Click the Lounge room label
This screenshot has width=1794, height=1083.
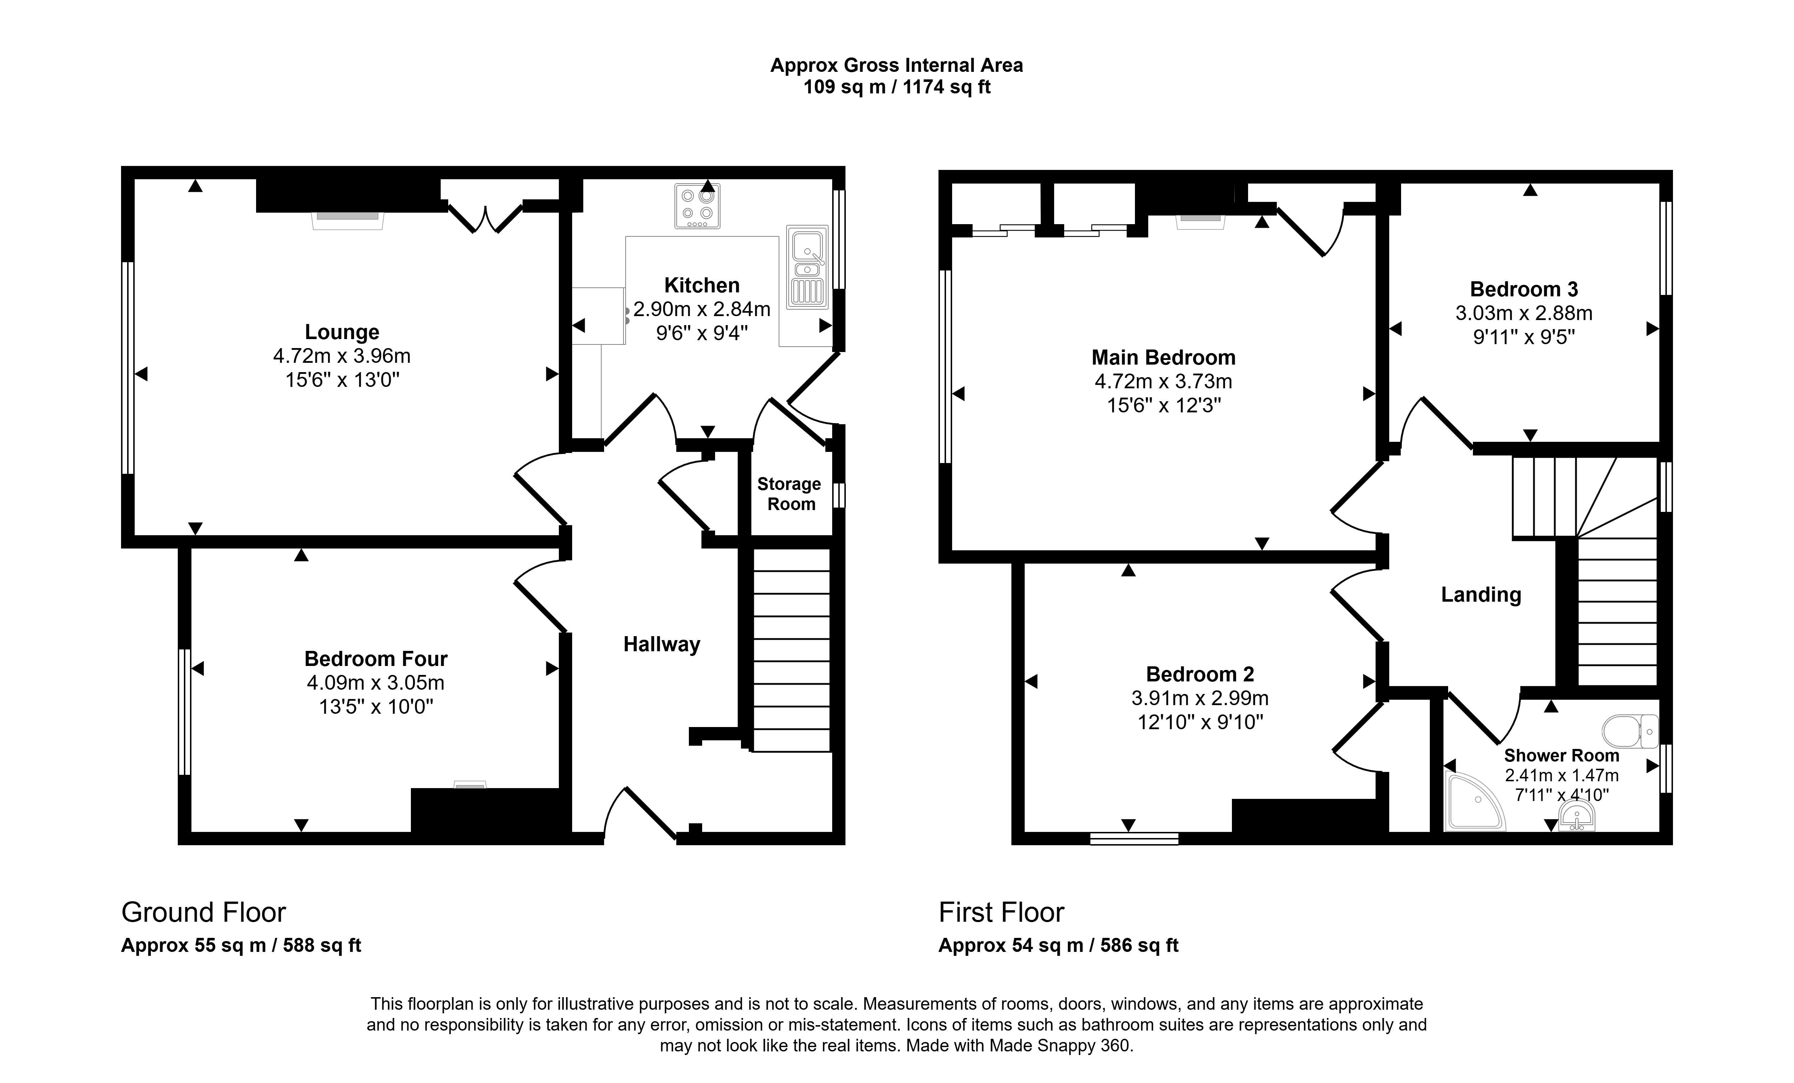click(342, 332)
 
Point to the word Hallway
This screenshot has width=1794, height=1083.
click(662, 644)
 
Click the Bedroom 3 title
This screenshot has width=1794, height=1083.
click(1524, 289)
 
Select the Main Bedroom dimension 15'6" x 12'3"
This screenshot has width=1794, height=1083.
click(1163, 405)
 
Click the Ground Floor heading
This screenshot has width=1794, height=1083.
click(204, 912)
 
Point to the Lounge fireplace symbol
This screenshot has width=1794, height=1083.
click(348, 220)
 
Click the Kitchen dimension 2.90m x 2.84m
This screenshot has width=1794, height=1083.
click(702, 310)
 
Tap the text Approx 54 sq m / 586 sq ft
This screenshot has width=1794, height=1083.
click(1059, 945)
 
